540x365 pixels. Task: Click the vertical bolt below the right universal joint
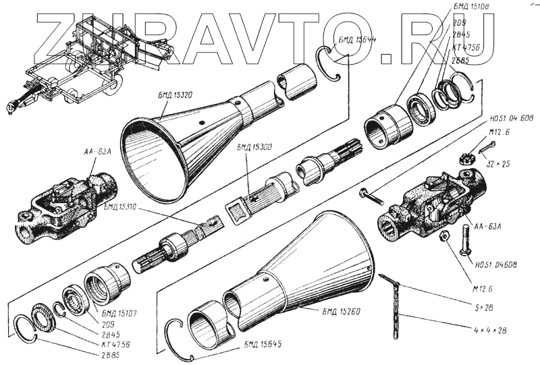[465, 241]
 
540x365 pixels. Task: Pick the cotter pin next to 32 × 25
[487, 147]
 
